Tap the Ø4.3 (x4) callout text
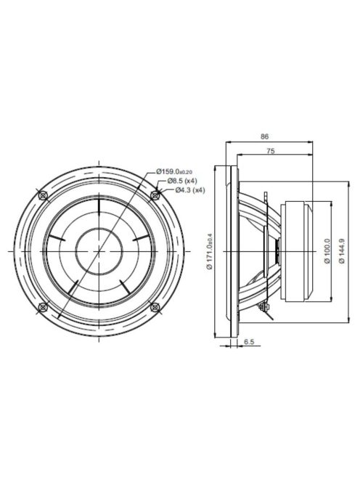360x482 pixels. pyautogui.click(x=189, y=189)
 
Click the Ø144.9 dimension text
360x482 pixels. pyautogui.click(x=341, y=251)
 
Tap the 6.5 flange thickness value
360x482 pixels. pyautogui.click(x=249, y=340)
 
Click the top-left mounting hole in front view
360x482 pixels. pyautogui.click(x=42, y=195)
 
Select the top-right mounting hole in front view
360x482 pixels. pyautogui.click(x=154, y=195)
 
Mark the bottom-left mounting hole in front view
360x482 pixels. pyautogui.click(x=42, y=307)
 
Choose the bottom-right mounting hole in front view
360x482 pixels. pyautogui.click(x=154, y=307)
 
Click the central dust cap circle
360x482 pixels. pyautogui.click(x=98, y=251)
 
